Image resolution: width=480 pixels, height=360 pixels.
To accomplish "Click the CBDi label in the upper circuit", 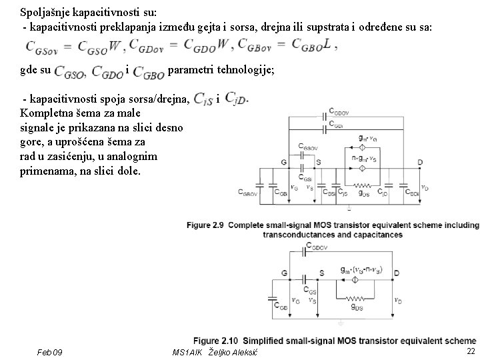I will tap(413, 193).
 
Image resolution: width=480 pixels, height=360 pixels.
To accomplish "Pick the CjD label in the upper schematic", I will tap(383, 193).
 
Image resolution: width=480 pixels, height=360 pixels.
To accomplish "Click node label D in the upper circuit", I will tap(419, 162).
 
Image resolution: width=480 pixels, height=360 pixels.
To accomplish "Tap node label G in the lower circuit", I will tap(285, 272).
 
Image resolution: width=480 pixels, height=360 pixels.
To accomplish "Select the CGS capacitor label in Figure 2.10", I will tap(311, 290).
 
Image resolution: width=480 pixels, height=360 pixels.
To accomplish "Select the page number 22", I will tap(471, 351).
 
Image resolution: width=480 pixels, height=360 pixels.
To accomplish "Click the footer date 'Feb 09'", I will tap(51, 351).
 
